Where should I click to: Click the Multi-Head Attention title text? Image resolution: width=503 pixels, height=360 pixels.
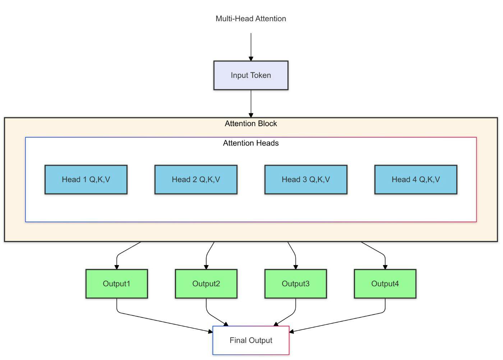[x=251, y=19]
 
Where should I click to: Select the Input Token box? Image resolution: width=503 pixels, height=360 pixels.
[x=251, y=76]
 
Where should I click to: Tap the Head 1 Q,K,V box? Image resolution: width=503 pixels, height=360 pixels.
[x=86, y=179]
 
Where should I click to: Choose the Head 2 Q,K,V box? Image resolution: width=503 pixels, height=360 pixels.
[x=196, y=179]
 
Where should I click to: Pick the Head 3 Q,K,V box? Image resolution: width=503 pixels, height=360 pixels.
[x=306, y=179]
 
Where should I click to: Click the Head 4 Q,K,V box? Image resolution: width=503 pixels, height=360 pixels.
[x=416, y=179]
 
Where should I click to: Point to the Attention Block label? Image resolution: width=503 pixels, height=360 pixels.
[x=251, y=124]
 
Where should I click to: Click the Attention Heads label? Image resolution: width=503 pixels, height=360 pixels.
[x=251, y=143]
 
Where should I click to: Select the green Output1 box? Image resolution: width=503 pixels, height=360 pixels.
[x=117, y=284]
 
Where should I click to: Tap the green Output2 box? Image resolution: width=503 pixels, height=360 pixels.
[x=206, y=284]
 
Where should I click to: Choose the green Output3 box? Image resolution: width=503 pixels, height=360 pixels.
[x=296, y=284]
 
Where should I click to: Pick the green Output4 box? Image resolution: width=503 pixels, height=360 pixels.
[x=385, y=284]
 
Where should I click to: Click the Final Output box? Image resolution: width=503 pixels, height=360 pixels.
[x=251, y=340]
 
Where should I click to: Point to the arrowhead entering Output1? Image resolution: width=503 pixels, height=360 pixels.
[x=117, y=267]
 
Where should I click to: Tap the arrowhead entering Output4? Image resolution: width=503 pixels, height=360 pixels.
[x=385, y=267]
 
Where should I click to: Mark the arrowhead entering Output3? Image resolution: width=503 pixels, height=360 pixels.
[x=296, y=267]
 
